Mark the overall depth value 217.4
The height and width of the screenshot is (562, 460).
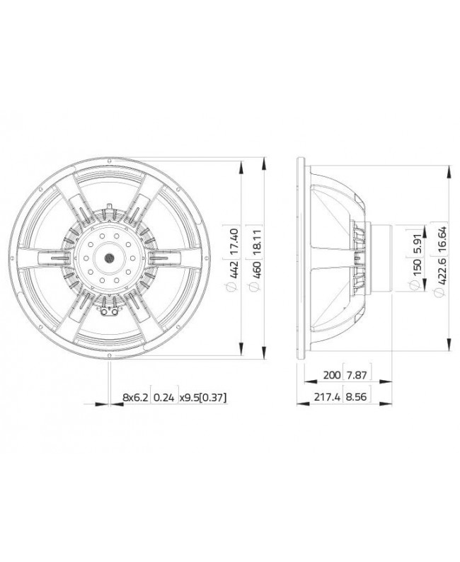(326, 398)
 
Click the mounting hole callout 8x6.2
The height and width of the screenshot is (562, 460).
(136, 398)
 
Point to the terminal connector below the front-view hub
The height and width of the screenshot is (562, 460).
(110, 311)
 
